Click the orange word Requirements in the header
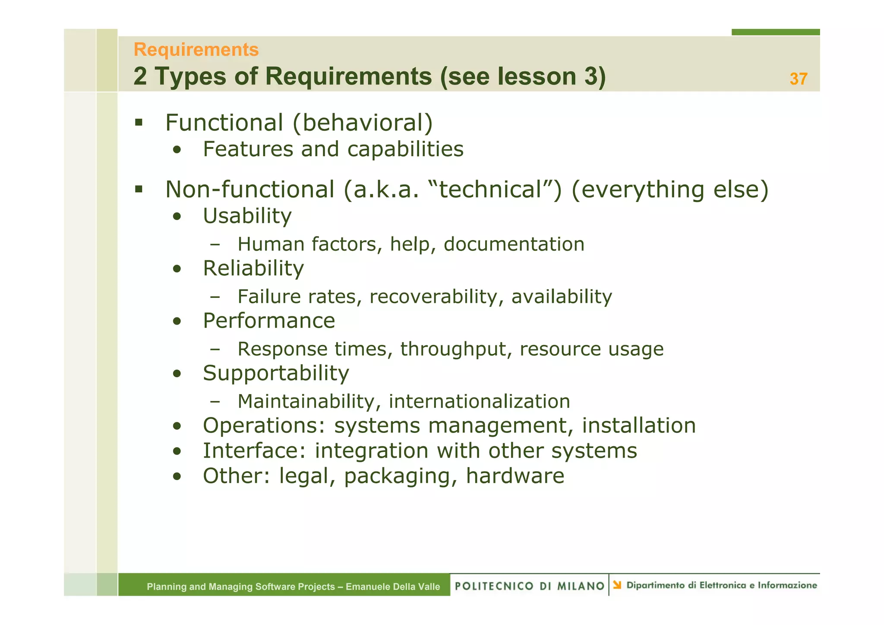point(196,50)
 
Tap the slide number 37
point(798,79)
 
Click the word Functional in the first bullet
point(224,123)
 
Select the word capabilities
point(405,149)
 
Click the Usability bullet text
point(247,216)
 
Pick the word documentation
point(514,244)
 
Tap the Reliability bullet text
point(253,268)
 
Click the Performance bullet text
point(269,321)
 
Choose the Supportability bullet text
point(276,373)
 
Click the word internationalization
point(479,401)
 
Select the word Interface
point(254,451)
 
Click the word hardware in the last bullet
point(515,476)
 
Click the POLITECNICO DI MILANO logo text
point(529,586)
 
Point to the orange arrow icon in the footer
point(617,585)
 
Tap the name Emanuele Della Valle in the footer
point(393,587)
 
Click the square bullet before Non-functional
point(139,189)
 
